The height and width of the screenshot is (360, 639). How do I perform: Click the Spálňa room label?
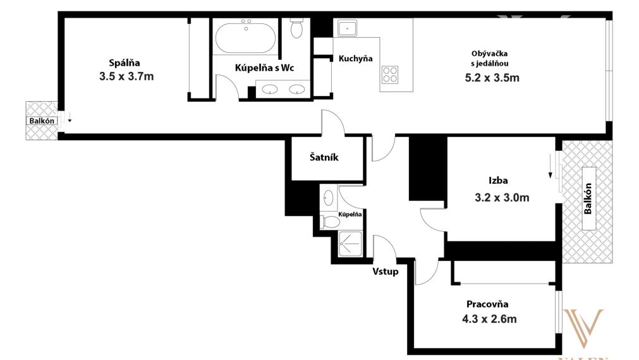(x=125, y=63)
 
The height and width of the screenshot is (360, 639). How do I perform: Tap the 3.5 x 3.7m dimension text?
(x=126, y=76)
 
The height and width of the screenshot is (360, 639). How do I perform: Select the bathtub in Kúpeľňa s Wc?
(x=245, y=38)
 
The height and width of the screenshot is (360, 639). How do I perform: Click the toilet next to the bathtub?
(x=296, y=28)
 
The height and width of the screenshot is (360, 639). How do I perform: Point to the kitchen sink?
(x=347, y=28)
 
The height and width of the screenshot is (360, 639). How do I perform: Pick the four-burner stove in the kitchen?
(x=390, y=75)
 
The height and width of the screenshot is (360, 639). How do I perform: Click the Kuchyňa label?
(x=355, y=59)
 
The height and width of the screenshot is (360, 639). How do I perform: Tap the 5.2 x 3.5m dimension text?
(x=492, y=78)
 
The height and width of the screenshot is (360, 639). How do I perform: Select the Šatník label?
(x=324, y=157)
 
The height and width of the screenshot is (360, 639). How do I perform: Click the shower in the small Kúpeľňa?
(x=351, y=244)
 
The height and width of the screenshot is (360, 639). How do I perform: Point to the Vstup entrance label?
(x=385, y=271)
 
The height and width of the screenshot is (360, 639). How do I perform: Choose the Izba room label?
(x=498, y=181)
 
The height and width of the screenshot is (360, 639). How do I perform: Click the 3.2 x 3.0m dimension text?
(x=502, y=198)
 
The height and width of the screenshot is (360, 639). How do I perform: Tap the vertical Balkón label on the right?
(x=588, y=198)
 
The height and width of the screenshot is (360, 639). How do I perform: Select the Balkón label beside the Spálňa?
(x=42, y=121)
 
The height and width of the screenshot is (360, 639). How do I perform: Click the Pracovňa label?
(x=487, y=304)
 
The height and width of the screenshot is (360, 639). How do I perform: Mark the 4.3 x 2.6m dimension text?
(x=489, y=318)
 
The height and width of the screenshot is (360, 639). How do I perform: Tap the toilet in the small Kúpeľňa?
(x=331, y=222)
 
